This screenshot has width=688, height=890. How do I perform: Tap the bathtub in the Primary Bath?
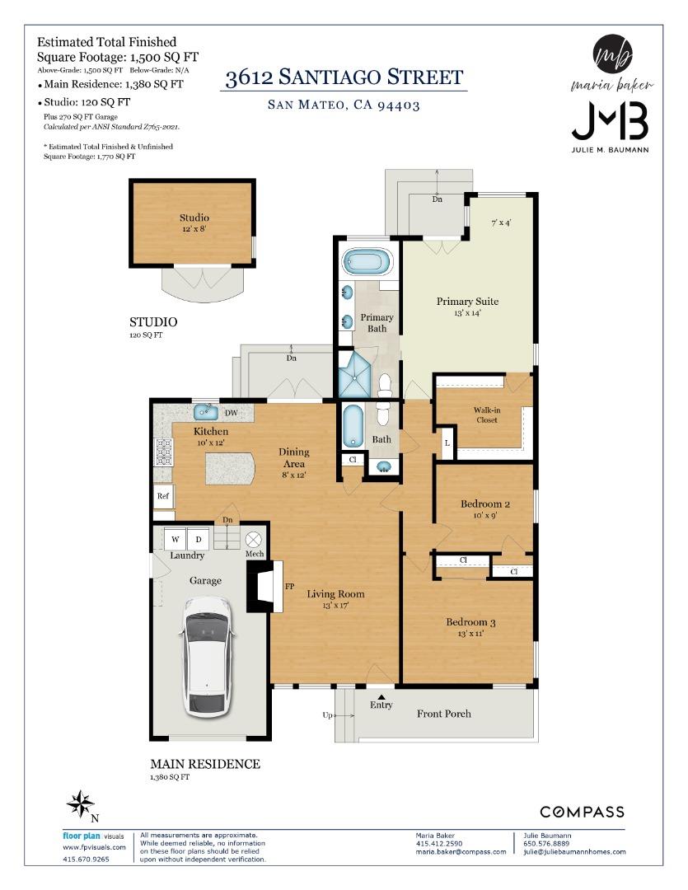(x=366, y=262)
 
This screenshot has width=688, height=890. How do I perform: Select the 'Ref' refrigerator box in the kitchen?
(x=163, y=497)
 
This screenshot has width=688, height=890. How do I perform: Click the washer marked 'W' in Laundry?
(x=176, y=540)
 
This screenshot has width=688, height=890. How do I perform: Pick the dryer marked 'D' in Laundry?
(x=198, y=540)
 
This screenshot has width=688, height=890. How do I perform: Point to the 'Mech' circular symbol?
(x=254, y=540)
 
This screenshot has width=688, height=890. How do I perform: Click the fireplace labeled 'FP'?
(x=265, y=587)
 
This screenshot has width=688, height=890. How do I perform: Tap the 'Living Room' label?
(x=335, y=593)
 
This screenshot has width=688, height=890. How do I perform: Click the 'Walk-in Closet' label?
(x=486, y=415)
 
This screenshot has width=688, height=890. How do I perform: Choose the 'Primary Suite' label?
(x=467, y=302)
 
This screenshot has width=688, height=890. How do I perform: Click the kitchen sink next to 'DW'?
(x=206, y=412)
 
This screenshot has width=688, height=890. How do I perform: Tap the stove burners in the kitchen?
(x=163, y=452)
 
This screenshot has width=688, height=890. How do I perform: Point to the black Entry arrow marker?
(x=381, y=696)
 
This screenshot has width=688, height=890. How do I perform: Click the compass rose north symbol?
(x=80, y=803)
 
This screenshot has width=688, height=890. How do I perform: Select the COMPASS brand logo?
(x=582, y=813)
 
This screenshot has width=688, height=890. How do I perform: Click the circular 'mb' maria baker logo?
(x=612, y=55)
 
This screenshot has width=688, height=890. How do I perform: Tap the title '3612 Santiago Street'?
(x=344, y=78)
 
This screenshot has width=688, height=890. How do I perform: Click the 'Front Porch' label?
(x=444, y=713)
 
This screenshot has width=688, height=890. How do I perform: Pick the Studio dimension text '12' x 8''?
(x=194, y=229)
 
